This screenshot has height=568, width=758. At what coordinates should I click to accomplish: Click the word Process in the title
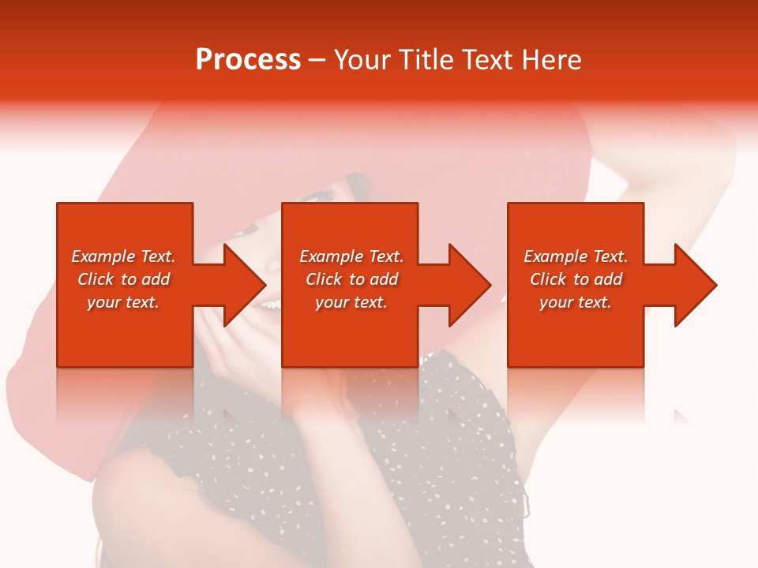248,60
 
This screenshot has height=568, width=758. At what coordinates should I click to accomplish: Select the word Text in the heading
486,60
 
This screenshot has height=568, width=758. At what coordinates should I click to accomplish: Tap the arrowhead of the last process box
694,285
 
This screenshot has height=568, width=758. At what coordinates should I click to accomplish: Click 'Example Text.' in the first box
123,256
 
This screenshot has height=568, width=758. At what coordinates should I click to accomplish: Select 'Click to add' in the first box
123,279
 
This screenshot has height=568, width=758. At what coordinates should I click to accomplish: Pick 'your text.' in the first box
123,302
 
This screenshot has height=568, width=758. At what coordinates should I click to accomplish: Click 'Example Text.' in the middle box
351,256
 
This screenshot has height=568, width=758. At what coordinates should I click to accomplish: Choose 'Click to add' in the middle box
351,279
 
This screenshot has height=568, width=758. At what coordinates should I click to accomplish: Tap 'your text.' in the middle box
351,302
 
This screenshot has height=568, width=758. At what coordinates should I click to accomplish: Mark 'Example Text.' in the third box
576,256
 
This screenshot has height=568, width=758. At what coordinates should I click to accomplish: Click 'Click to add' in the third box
576,279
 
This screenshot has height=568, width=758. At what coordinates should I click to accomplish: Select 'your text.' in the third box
576,302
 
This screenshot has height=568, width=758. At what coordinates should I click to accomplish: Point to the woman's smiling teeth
271,302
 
